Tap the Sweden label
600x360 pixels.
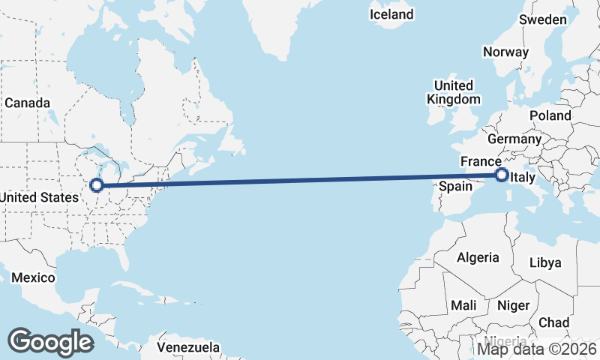[x=543, y=19]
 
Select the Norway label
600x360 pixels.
[x=505, y=52]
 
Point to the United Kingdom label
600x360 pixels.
[x=453, y=92]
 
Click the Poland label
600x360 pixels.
[x=550, y=115]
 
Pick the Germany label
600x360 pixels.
[x=514, y=139]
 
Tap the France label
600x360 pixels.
[x=481, y=161]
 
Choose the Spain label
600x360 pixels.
[x=454, y=185]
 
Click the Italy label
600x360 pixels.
[x=521, y=178]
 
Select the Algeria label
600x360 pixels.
[x=478, y=257]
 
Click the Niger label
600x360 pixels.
[x=514, y=305]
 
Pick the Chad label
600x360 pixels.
[x=553, y=322]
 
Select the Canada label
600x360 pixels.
[x=27, y=103]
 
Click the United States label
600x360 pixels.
[x=39, y=197]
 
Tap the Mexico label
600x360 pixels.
[x=33, y=277]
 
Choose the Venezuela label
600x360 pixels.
[x=189, y=347]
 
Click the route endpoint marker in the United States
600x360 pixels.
[x=96, y=185]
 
